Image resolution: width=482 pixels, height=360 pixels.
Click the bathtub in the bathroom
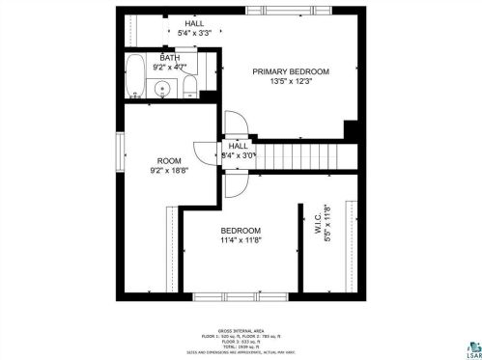click(x=137, y=77)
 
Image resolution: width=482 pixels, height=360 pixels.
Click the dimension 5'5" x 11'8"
click(x=327, y=223)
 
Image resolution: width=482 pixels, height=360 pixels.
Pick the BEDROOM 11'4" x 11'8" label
click(x=241, y=235)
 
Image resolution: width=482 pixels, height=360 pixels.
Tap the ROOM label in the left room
click(x=170, y=160)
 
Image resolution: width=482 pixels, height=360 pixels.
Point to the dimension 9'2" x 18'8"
click(x=170, y=172)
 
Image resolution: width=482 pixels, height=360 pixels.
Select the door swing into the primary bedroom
click(x=235, y=124)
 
